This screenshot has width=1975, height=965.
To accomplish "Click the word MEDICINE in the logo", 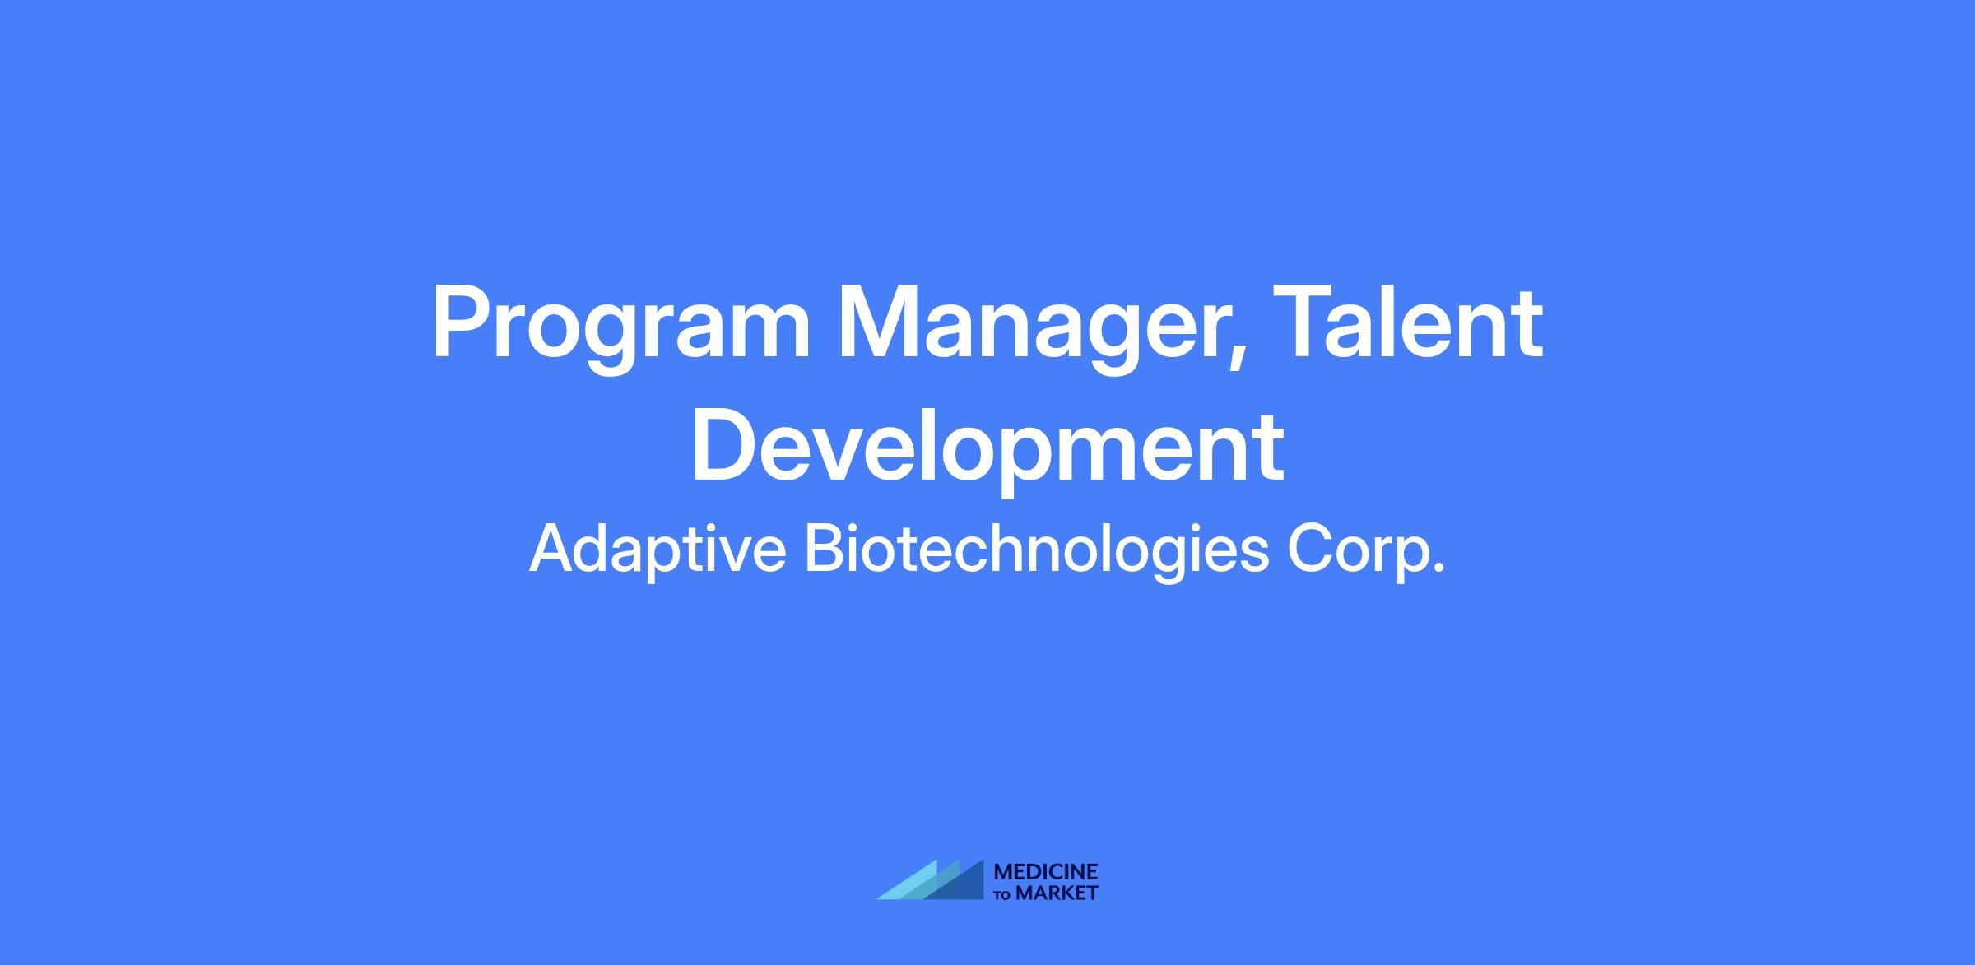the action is (1046, 872).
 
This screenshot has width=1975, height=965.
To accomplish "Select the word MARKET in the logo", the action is (1057, 893).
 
